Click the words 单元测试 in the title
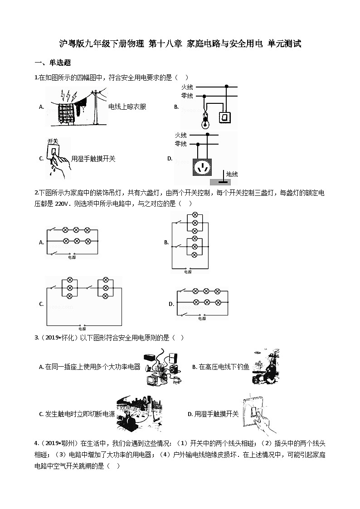point(284,44)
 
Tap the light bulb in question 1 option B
point(204,121)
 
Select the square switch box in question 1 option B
point(225,117)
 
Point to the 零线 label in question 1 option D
point(180,144)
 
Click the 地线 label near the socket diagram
point(232,174)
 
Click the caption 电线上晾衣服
point(127,107)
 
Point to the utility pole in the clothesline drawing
point(96,107)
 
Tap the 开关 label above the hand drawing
point(53,141)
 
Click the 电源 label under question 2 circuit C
point(82,329)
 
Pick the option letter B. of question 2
point(166,242)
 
